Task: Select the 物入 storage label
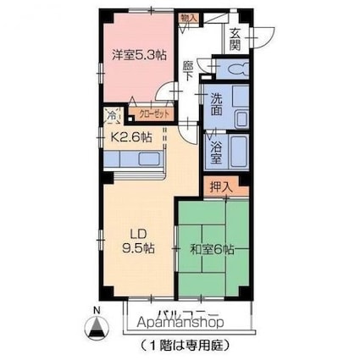tap(189, 18)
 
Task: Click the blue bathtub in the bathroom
tap(238, 150)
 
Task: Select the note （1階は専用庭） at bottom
tap(180, 346)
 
